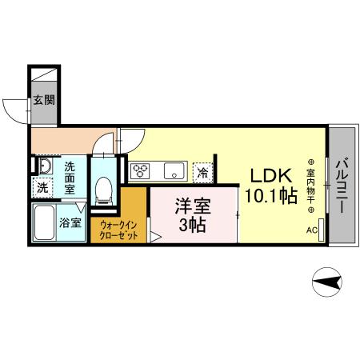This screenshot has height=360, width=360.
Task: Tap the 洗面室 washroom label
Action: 70,178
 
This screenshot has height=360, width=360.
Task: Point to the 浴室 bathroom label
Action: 70,223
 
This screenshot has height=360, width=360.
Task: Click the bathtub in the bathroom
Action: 44,224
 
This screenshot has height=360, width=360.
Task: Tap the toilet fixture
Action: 102,189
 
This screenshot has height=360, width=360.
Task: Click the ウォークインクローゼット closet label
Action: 118,231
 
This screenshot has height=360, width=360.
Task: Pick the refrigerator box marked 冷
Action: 203,172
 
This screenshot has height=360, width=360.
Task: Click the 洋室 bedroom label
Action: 193,205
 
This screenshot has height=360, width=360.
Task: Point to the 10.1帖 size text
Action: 270,197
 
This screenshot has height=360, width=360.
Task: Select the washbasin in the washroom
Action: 44,167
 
